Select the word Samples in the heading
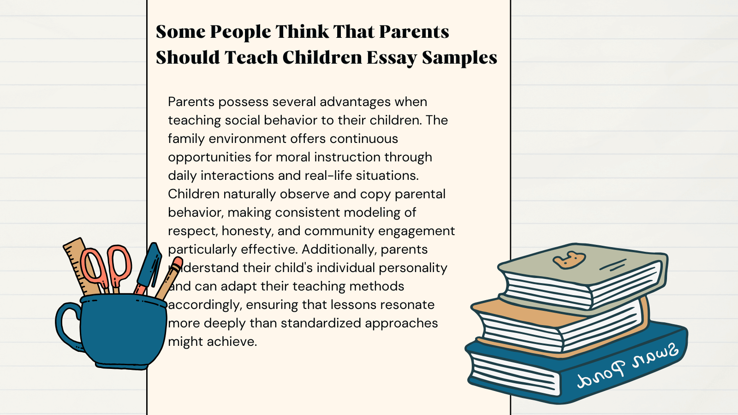(x=459, y=58)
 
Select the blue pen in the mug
(x=149, y=267)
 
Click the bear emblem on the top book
(x=569, y=260)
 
